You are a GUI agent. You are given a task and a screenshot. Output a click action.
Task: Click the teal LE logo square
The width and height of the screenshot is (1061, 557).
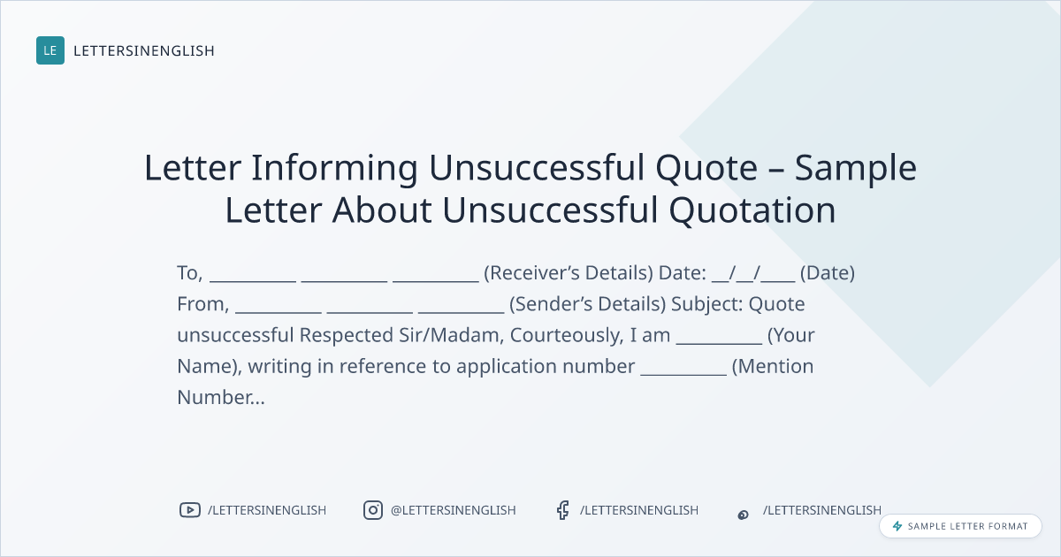[50, 50]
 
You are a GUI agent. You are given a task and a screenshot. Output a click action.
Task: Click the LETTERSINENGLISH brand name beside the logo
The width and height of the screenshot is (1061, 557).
[144, 50]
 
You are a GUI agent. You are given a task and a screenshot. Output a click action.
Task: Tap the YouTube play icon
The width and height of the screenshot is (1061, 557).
[190, 510]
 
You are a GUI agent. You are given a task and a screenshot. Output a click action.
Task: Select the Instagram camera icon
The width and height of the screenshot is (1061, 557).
[373, 510]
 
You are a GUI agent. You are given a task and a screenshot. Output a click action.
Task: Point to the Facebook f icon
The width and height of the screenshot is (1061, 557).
[562, 510]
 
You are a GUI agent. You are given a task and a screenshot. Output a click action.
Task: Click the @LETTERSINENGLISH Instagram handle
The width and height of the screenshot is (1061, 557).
[454, 510]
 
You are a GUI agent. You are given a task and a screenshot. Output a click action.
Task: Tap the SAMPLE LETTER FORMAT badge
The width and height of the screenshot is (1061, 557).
[960, 526]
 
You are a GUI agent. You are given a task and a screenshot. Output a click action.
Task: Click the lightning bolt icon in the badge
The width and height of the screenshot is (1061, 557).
[897, 526]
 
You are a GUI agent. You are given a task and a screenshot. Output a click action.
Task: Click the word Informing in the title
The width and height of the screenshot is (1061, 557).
[334, 168]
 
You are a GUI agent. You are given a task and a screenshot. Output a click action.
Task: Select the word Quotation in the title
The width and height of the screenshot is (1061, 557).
[752, 210]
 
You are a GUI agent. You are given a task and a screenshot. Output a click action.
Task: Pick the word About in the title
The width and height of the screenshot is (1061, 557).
[382, 210]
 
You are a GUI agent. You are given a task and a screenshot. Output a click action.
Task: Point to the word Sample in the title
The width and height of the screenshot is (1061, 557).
[856, 168]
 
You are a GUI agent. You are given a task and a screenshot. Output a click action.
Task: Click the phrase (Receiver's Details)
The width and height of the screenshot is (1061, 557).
[569, 273]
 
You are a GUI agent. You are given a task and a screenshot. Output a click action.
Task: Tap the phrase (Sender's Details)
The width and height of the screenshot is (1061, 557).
[588, 304]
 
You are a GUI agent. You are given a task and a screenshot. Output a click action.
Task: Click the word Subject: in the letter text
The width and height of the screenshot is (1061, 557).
[707, 304]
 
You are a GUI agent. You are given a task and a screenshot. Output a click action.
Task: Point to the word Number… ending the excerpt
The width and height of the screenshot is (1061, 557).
[221, 397]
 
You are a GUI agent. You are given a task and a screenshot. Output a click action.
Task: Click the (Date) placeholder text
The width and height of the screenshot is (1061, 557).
[828, 273]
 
